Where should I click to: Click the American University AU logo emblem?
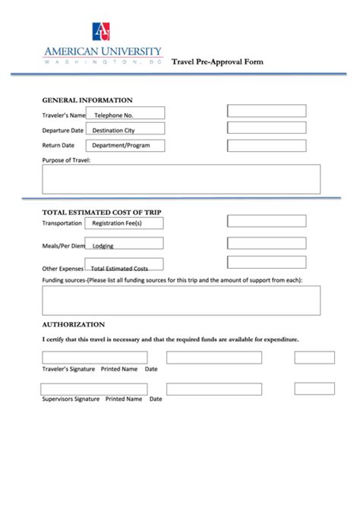[101, 32]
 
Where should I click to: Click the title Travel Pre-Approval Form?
[217, 62]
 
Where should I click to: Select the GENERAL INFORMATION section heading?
[87, 100]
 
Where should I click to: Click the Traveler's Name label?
[63, 115]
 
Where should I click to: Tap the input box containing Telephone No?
[125, 114]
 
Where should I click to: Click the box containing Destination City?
[125, 130]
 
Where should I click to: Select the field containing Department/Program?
[125, 145]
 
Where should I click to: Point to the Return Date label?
[58, 145]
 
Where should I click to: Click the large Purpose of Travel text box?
[181, 179]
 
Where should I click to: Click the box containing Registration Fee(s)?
[125, 223]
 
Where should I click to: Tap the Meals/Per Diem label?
[63, 246]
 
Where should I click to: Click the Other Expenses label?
[62, 268]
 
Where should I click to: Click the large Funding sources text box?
[181, 300]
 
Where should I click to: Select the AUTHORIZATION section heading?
[73, 323]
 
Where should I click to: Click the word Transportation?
[62, 223]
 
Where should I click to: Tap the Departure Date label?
[62, 130]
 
